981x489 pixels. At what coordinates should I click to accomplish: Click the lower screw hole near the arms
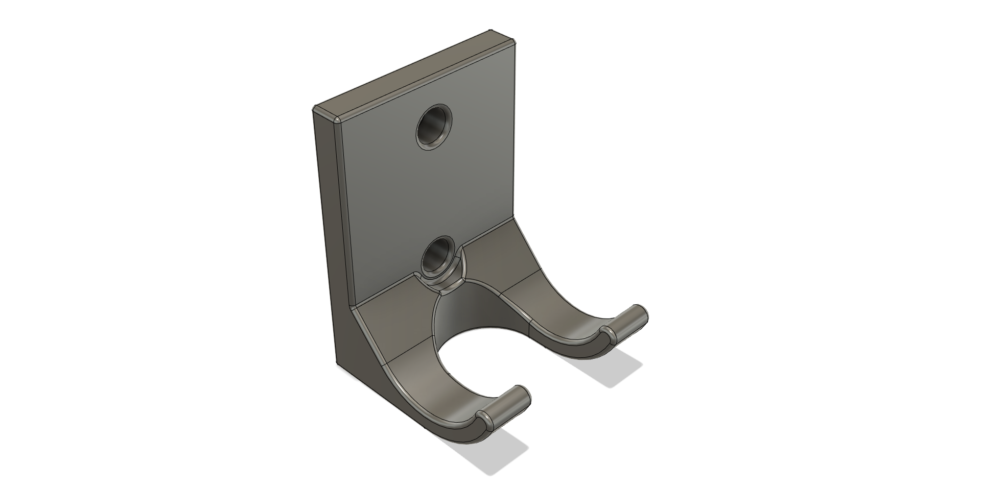pos(437,255)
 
